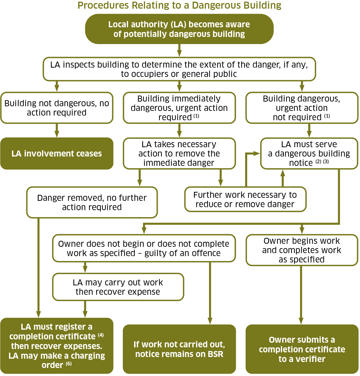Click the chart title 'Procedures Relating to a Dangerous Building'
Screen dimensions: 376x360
(179, 6)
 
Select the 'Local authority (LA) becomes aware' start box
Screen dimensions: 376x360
(179, 29)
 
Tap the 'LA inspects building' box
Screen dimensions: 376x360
(179, 69)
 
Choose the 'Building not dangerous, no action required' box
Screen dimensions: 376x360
(57, 108)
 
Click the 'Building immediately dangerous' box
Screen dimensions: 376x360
(179, 108)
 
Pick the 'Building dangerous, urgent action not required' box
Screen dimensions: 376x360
(302, 108)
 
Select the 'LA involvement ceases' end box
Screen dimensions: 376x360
(57, 154)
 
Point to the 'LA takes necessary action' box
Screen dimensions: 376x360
(179, 154)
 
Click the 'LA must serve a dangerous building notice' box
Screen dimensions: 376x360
(309, 154)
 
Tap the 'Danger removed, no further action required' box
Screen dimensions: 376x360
(92, 202)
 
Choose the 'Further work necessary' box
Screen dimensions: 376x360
(245, 199)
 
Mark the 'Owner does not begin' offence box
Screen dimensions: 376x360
(144, 248)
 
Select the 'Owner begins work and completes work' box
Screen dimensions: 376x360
(302, 250)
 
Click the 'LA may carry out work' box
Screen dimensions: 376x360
(118, 287)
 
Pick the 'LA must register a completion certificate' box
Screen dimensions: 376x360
(57, 346)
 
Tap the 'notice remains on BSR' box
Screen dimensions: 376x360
(179, 349)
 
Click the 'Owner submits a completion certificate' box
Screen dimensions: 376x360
(302, 349)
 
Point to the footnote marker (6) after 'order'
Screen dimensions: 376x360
(69, 364)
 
